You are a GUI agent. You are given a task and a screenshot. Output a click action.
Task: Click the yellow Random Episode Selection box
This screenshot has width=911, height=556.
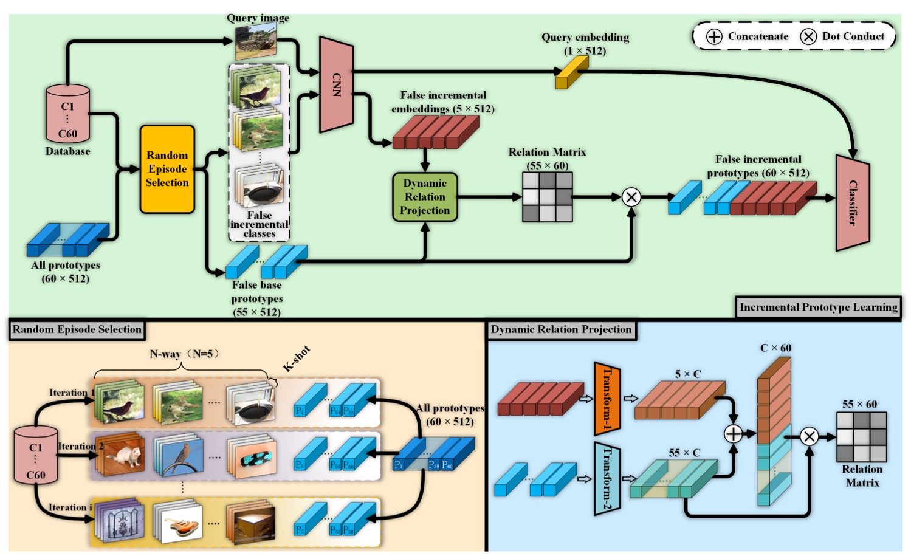167,169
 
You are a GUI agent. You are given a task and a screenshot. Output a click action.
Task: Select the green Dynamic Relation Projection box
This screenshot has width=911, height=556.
425,197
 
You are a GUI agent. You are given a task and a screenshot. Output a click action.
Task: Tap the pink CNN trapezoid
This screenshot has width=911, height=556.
336,84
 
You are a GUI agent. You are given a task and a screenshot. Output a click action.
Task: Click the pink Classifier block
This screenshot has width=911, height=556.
853,203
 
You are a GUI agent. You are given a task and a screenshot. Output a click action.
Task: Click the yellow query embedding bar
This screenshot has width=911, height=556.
571,74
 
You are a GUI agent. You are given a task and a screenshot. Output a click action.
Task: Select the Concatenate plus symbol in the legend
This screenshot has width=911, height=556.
714,36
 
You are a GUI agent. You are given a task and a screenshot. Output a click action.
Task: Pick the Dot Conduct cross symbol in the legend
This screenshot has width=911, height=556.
808,36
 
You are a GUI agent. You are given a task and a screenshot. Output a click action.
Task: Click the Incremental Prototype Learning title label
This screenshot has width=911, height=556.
818,307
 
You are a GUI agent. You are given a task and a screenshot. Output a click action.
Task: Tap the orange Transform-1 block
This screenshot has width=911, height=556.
607,399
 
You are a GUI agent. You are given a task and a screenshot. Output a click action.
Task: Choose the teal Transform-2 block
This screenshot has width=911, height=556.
607,479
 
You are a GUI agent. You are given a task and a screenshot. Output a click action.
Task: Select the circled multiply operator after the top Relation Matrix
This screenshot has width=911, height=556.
631,197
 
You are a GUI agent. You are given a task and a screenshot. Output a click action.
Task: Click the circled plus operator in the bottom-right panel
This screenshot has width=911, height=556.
734,434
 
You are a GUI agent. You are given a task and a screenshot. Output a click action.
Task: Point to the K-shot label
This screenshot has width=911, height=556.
297,359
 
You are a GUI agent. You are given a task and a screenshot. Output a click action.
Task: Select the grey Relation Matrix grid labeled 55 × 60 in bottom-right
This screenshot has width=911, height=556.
861,437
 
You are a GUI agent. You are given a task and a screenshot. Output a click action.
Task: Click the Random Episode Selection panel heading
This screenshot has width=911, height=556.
77,329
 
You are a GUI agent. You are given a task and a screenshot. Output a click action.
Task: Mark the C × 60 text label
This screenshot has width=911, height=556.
775,348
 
